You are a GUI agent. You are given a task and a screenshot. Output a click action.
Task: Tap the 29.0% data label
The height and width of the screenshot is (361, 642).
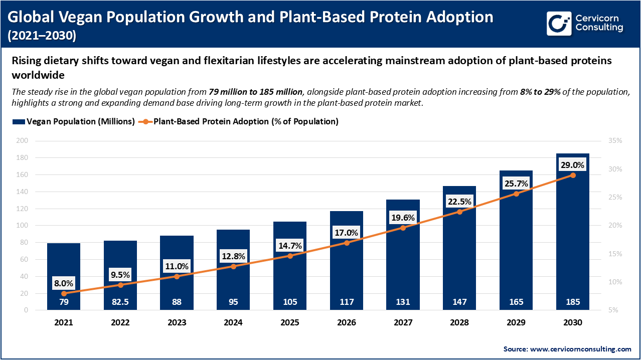pyautogui.click(x=573, y=164)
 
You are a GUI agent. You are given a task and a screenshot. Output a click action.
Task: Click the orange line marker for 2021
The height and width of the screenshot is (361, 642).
pyautogui.click(x=64, y=293)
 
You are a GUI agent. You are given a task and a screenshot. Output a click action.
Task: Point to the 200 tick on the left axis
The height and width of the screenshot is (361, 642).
pyautogui.click(x=22, y=141)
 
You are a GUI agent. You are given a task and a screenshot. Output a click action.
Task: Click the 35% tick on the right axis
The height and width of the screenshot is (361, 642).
pyautogui.click(x=614, y=141)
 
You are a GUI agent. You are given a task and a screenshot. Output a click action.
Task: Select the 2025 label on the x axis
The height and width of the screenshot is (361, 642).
pyautogui.click(x=290, y=322)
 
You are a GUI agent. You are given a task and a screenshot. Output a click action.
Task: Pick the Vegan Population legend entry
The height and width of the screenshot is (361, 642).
pyautogui.click(x=73, y=122)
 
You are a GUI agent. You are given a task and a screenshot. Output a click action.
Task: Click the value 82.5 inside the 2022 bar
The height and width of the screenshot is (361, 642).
pyautogui.click(x=120, y=302)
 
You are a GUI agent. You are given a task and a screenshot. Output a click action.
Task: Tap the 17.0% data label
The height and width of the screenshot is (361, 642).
pyautogui.click(x=347, y=233)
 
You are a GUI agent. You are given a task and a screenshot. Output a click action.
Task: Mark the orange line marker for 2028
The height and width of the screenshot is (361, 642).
pyautogui.click(x=459, y=212)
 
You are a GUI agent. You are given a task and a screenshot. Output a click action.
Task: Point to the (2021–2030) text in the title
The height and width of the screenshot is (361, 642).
pyautogui.click(x=43, y=36)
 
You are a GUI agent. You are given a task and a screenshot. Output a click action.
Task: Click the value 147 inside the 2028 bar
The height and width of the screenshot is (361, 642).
pyautogui.click(x=459, y=302)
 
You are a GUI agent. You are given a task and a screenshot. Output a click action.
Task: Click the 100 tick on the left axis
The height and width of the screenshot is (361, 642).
pyautogui.click(x=22, y=226)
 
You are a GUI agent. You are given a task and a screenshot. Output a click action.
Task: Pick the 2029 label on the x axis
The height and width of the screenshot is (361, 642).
pyautogui.click(x=516, y=322)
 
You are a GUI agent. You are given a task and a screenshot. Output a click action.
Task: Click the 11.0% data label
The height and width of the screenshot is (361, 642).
pyautogui.click(x=177, y=266)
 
